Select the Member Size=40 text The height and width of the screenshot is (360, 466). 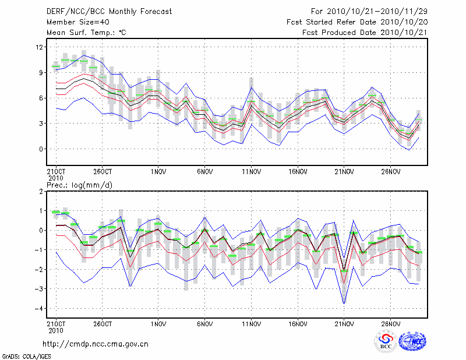coord(73,22)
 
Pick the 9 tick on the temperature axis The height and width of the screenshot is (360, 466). coord(41,73)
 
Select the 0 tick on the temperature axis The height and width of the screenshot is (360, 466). coord(41,149)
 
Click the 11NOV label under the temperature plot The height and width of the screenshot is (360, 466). coord(250,172)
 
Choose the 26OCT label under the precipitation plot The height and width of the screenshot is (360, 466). coord(103,323)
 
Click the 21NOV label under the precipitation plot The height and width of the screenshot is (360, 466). coord(344,323)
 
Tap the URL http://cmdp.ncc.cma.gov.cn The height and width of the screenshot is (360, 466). coord(96,344)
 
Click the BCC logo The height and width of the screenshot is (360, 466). coord(385,342)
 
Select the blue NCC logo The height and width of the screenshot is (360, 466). coord(412,342)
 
